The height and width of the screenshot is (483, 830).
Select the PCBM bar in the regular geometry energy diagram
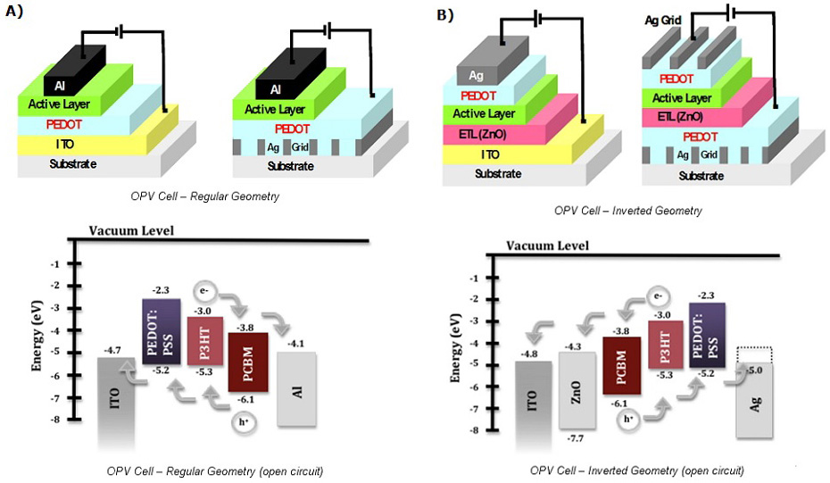point(248,362)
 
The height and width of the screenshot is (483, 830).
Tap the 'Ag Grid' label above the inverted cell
point(663,20)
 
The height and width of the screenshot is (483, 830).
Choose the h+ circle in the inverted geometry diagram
point(630,418)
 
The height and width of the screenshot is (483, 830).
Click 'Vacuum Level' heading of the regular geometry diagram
point(131,232)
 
